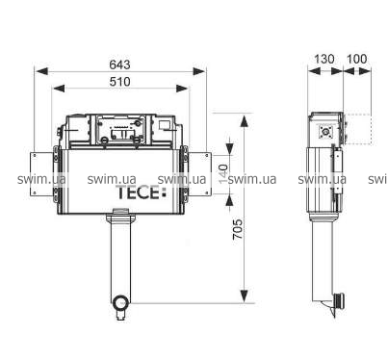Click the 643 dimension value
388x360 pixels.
coord(119,64)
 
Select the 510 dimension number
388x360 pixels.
coord(119,82)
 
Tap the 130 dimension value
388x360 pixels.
coord(323,59)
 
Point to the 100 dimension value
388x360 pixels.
coord(357,59)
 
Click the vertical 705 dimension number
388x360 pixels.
coord(238,229)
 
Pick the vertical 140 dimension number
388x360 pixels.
coord(222,174)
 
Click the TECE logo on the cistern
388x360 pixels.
coord(142,193)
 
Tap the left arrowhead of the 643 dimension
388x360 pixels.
coord(41,71)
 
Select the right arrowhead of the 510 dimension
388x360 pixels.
coord(182,89)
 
